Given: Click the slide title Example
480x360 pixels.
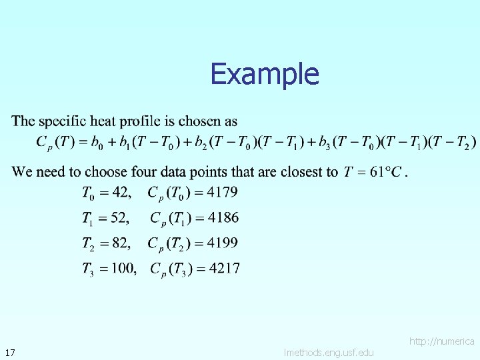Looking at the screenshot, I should (x=265, y=74).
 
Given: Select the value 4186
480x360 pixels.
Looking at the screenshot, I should (x=223, y=217).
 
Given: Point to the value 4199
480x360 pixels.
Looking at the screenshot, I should (x=223, y=243).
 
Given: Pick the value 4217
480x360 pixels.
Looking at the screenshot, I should (x=225, y=268).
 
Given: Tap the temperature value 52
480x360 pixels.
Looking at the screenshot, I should (x=120, y=217).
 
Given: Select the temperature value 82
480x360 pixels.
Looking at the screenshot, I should (x=121, y=243).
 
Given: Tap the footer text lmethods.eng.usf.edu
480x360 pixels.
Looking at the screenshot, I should (x=329, y=353).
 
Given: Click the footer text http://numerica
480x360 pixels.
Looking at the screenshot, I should (x=442, y=341).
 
